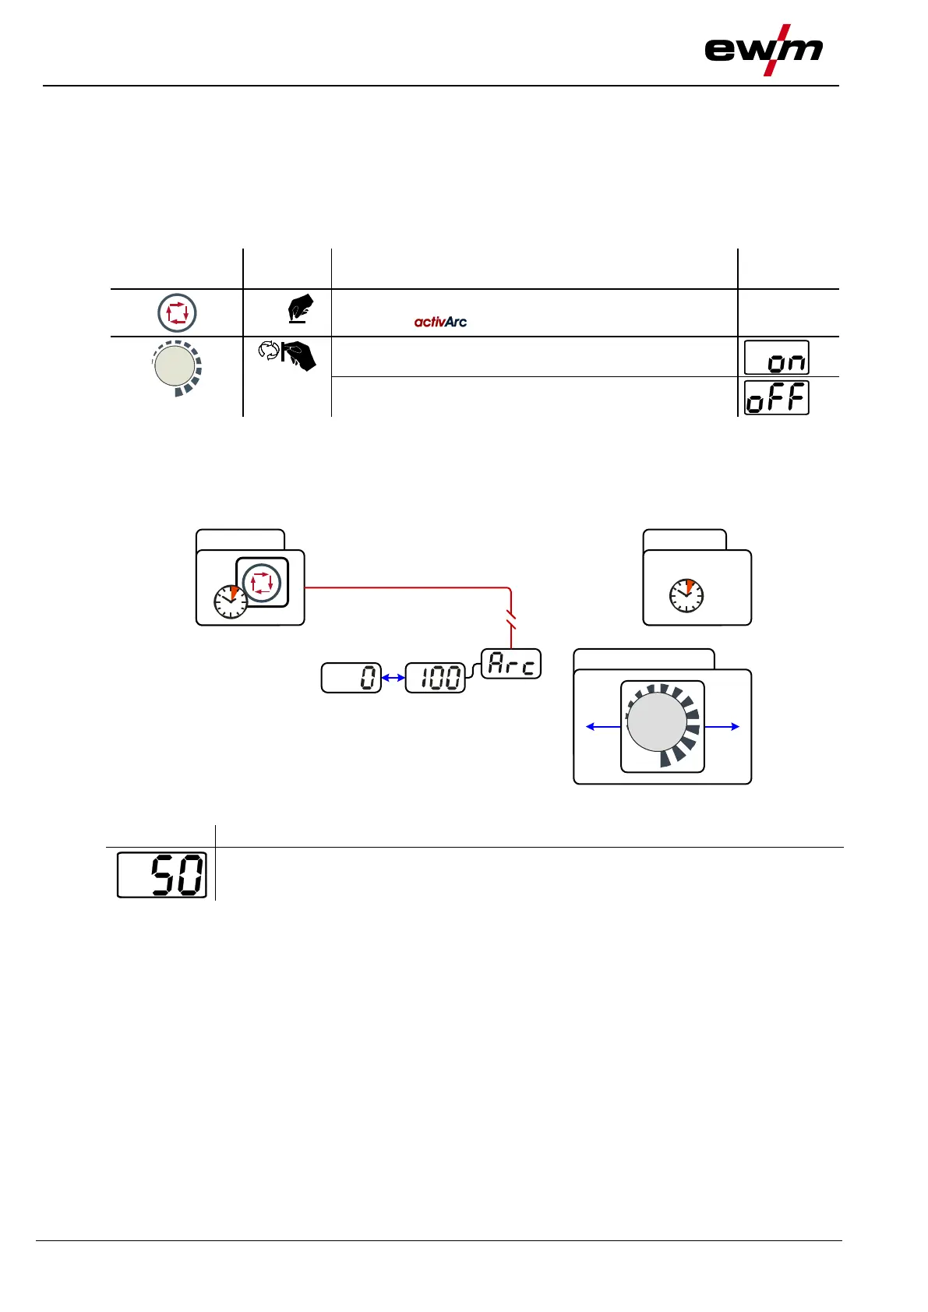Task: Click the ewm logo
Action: pos(763,51)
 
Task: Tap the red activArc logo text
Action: pos(440,321)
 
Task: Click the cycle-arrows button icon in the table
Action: pos(177,313)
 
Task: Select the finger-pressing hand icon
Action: pos(300,308)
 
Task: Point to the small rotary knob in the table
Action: pos(176,366)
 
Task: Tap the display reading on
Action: pos(776,358)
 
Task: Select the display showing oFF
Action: pos(776,398)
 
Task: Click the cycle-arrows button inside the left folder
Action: pos(262,582)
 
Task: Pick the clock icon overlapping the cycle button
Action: pos(231,601)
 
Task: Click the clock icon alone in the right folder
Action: pos(686,596)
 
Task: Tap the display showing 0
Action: pos(351,678)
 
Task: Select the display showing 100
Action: pos(435,678)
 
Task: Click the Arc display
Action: pos(511,664)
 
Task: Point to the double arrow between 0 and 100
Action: pos(393,678)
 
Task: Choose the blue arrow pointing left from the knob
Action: pos(603,727)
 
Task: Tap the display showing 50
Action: pos(162,875)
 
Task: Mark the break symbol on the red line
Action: pos(511,620)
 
